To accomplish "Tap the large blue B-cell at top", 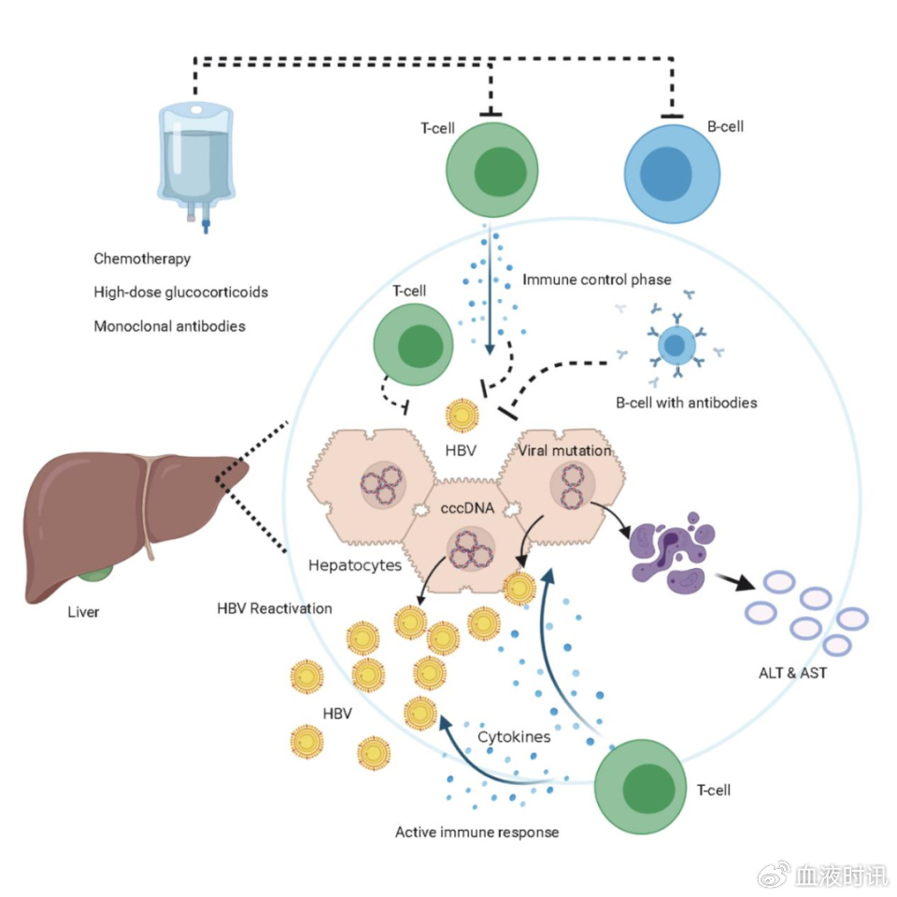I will point(672,172).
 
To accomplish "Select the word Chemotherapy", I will point(142,258).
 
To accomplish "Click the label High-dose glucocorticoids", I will point(180,292).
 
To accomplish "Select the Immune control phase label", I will point(597,278).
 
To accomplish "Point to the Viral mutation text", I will point(565,450).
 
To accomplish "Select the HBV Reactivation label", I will point(275,608).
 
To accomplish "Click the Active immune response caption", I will point(477,831).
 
